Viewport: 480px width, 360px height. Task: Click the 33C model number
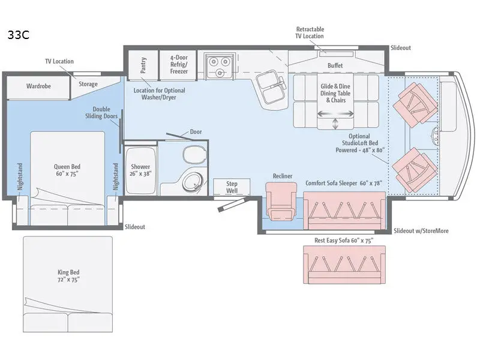coord(19,35)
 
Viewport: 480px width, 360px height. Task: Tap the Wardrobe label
coord(38,86)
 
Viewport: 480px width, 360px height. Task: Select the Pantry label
coord(143,65)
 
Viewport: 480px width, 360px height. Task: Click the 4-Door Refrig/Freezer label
coord(179,64)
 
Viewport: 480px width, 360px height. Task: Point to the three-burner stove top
coord(220,66)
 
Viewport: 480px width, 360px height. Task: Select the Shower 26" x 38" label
coord(140,170)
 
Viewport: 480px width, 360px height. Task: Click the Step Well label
coord(232,187)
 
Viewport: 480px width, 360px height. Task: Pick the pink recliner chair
coord(281,201)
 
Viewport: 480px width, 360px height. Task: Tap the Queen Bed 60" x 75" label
coord(67,170)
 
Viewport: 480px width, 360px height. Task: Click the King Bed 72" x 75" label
coord(68,276)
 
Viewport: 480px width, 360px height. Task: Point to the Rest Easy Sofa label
coord(344,241)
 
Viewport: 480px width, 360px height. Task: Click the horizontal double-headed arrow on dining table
coord(335,114)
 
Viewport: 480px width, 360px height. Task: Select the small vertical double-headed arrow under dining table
coord(335,124)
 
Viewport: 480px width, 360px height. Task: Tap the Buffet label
coord(335,65)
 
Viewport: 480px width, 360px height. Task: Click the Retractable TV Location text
coord(310,33)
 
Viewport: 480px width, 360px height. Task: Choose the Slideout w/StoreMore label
coord(421,231)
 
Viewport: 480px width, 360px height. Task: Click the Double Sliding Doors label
coord(101,113)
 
